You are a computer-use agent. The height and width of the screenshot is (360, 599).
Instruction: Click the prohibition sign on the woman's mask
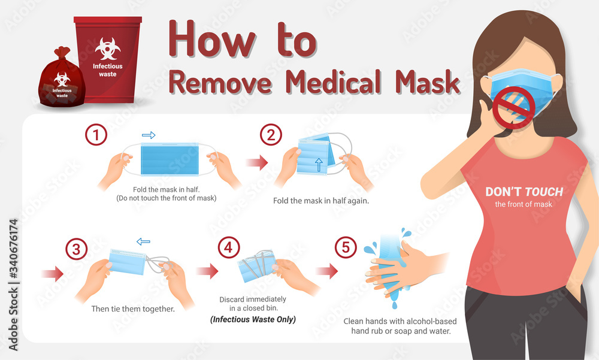[x=512, y=107]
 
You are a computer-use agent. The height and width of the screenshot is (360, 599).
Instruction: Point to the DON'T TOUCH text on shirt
[x=524, y=192]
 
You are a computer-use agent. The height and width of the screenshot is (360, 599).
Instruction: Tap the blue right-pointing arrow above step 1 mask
[x=149, y=135]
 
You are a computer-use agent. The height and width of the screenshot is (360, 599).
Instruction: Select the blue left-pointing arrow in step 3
[x=143, y=241]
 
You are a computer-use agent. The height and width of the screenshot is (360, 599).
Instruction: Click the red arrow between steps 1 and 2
[x=256, y=162]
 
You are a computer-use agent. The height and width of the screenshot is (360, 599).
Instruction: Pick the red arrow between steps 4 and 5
[x=327, y=272]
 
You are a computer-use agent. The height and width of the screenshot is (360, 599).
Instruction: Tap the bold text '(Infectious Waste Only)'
[x=252, y=319]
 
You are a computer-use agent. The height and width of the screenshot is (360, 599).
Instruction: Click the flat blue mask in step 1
[x=168, y=159]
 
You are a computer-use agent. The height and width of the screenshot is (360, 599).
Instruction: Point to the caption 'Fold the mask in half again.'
[x=320, y=201]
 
